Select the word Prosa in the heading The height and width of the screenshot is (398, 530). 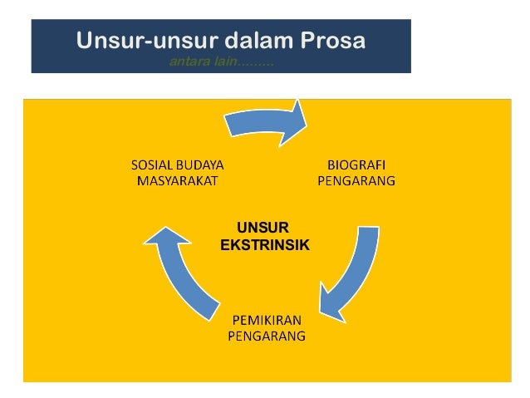point(331,41)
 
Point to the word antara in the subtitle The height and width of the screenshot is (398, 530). point(187,62)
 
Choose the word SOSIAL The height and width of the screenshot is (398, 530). point(154,165)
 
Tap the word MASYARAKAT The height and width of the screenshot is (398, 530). point(177,179)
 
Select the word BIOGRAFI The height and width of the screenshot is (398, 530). point(356,165)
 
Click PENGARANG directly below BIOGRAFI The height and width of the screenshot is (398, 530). point(356,179)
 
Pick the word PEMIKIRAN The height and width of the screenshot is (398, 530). point(266,321)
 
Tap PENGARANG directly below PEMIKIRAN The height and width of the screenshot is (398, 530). point(266,336)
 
